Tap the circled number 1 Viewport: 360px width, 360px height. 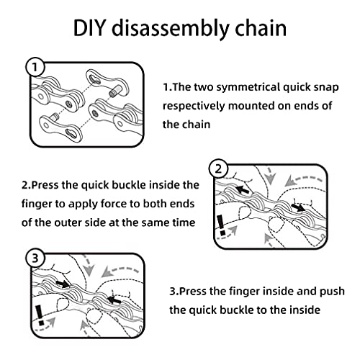pos(34,68)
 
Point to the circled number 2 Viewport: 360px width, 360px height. pos(220,168)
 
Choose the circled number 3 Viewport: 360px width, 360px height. pos(34,257)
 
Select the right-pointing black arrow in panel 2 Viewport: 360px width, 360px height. pos(298,206)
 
